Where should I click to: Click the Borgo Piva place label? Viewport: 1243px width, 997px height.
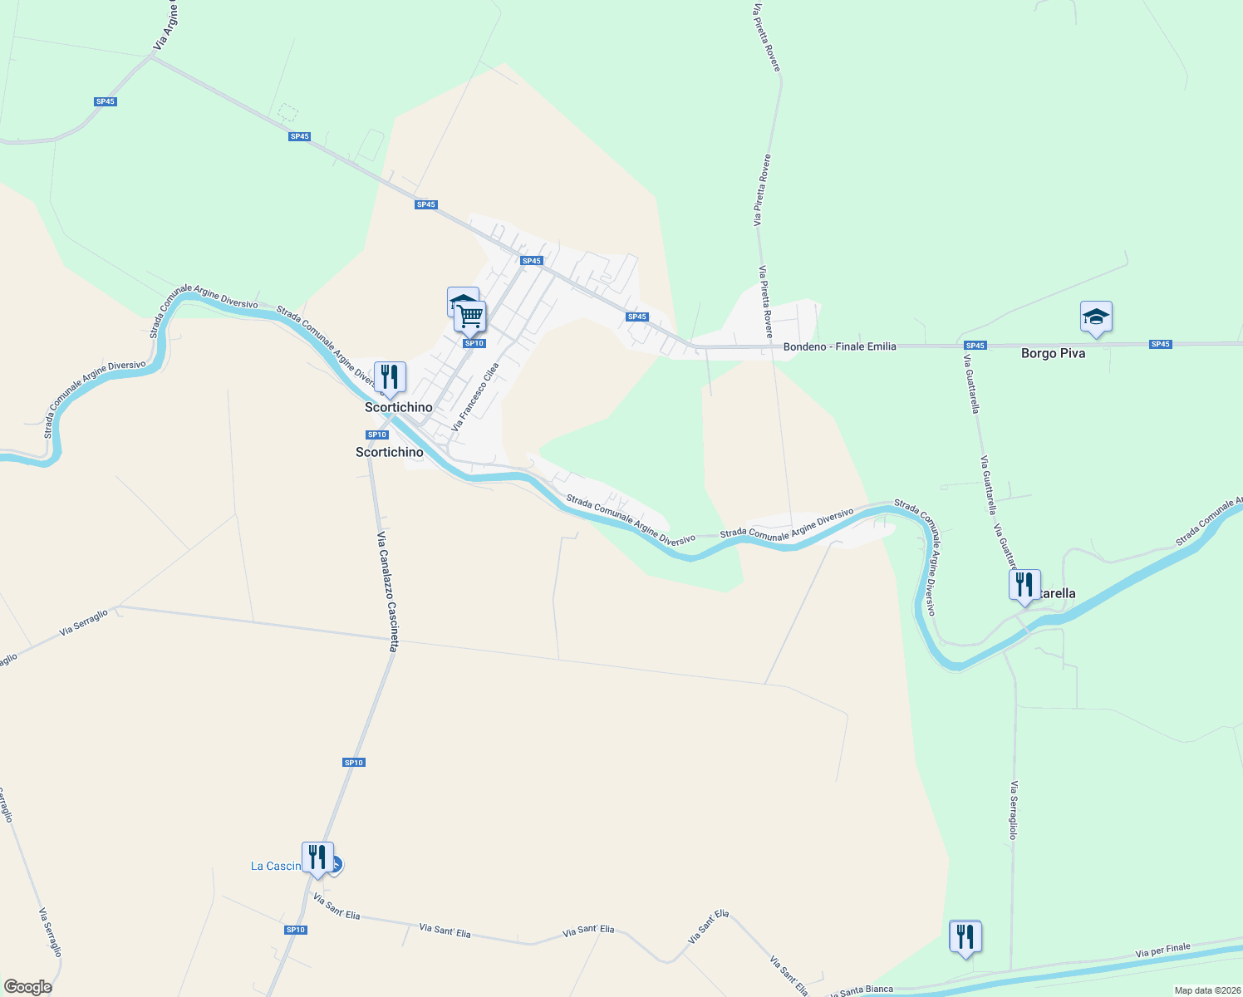[1053, 353]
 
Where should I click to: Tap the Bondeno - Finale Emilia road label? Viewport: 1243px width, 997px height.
[839, 346]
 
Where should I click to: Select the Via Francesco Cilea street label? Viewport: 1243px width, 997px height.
[475, 396]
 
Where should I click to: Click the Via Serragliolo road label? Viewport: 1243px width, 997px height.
[1013, 810]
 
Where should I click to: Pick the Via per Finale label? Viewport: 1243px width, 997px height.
[1162, 950]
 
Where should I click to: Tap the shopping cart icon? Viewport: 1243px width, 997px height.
[470, 317]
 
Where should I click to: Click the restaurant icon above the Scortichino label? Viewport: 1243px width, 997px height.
[390, 376]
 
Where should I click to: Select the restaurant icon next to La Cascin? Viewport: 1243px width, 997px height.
[317, 857]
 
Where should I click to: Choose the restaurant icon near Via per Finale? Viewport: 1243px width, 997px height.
[965, 936]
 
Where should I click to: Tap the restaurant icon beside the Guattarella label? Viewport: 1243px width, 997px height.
[1024, 585]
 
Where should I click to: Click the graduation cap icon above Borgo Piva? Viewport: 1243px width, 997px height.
[1096, 317]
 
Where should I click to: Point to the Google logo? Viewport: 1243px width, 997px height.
[27, 986]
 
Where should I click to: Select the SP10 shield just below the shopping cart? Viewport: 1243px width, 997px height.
[474, 343]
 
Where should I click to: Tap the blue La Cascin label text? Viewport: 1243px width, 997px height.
[276, 866]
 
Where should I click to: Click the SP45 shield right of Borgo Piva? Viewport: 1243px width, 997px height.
[1160, 344]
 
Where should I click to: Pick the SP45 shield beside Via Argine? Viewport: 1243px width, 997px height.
[106, 101]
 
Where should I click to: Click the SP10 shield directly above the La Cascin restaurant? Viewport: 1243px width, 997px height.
[353, 762]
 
